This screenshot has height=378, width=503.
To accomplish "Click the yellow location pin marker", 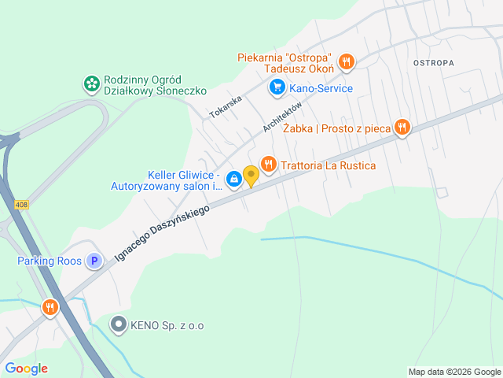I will [251, 176].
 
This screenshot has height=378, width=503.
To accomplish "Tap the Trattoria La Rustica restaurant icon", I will [269, 164].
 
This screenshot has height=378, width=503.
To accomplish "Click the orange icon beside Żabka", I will [402, 127].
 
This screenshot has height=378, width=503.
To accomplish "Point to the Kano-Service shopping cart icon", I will [276, 87].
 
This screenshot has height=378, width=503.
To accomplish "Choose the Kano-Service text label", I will [321, 88].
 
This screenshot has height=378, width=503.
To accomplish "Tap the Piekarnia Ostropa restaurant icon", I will [347, 61].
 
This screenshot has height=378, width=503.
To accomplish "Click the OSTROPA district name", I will [434, 61].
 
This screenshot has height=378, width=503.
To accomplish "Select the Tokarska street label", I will [227, 106].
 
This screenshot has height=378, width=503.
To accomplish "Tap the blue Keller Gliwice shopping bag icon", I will [234, 180].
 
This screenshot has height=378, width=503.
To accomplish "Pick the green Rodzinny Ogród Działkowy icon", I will [91, 83].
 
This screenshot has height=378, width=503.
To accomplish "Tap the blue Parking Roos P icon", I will [94, 261].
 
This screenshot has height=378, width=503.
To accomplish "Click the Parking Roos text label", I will [49, 261].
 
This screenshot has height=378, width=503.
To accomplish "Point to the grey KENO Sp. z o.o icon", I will [119, 324].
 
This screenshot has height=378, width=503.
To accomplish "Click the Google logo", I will [26, 369].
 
